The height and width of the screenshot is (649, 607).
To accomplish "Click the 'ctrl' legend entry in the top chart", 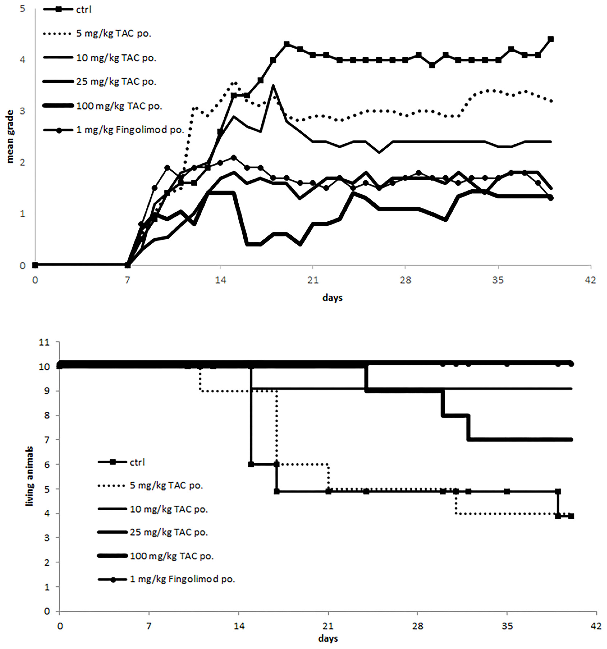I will tap(84, 10).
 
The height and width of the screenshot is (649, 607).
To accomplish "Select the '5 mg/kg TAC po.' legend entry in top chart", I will tap(114, 34).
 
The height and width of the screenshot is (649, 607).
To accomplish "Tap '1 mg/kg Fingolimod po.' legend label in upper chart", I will tap(130, 130).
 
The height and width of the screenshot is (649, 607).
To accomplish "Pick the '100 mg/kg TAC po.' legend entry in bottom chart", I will tap(172, 556).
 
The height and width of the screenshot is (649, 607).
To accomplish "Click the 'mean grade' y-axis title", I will tap(10, 136).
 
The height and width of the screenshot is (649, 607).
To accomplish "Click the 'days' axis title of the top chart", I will tap(332, 298).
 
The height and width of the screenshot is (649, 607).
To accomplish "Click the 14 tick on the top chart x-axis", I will tap(220, 280).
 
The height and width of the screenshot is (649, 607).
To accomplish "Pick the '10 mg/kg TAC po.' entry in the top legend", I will tap(116, 58).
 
